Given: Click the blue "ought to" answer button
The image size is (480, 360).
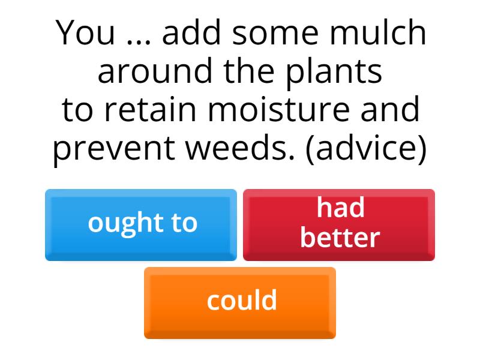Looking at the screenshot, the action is pyautogui.click(x=141, y=225).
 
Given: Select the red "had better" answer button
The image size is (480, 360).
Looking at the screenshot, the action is pyautogui.click(x=339, y=225).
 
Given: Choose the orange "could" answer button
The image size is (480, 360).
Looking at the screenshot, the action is pyautogui.click(x=240, y=303).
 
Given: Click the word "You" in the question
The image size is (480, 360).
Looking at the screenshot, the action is pyautogui.click(x=85, y=33).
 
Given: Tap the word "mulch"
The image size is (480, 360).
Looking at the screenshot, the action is pyautogui.click(x=378, y=32).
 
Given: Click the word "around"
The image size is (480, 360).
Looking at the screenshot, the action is pyautogui.click(x=155, y=71).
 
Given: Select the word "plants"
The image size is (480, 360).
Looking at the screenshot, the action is pyautogui.click(x=334, y=73).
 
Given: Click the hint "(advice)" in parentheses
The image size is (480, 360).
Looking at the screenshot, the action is pyautogui.click(x=366, y=149).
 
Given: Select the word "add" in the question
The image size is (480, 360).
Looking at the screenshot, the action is pyautogui.click(x=191, y=32).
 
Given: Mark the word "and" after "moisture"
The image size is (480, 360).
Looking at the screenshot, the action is pyautogui.click(x=390, y=109).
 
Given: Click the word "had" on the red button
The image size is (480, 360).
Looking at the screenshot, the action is pyautogui.click(x=340, y=208).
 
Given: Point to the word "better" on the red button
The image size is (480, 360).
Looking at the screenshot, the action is pyautogui.click(x=340, y=237).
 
